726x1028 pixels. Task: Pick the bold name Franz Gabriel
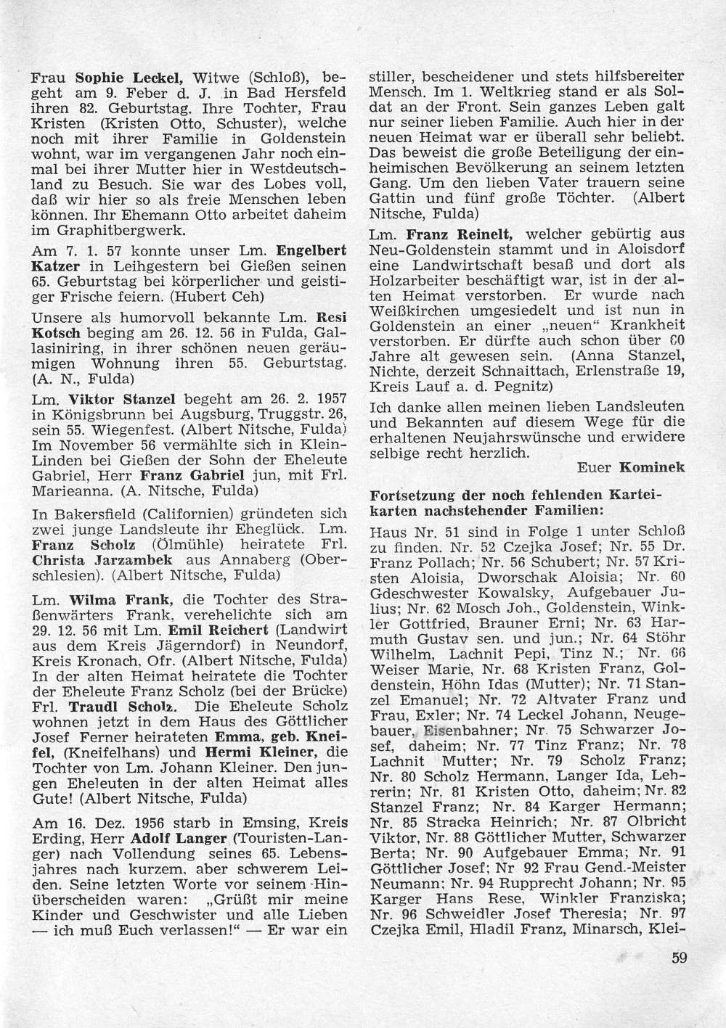coord(181,476)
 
